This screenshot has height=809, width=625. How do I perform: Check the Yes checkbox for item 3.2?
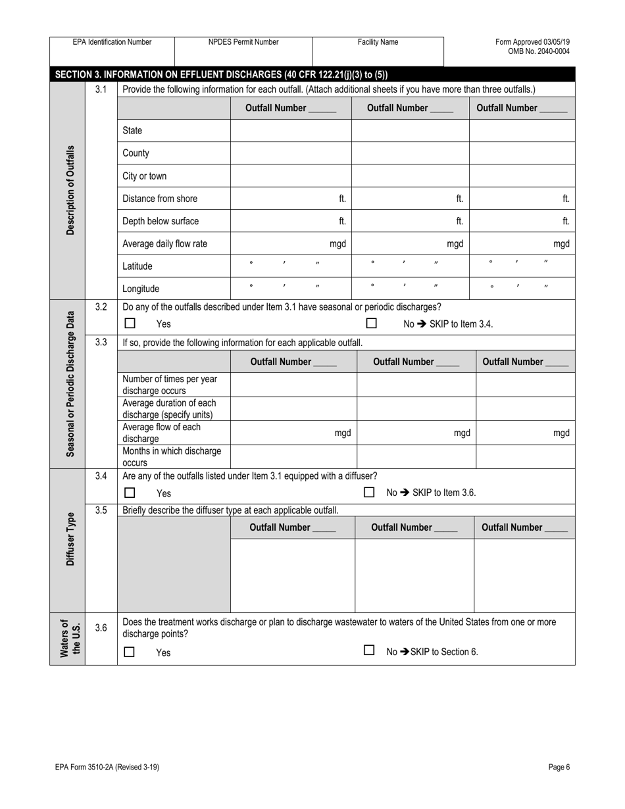tap(130, 324)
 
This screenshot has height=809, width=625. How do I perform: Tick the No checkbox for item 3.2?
tap(372, 324)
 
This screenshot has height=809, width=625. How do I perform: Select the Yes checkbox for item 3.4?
tap(130, 493)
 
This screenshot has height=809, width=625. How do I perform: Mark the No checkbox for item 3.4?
tap(370, 492)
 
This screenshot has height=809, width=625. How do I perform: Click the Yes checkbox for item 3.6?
tap(130, 652)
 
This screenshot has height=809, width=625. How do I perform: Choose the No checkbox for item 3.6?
tap(370, 651)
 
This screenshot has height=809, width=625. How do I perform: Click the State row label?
tap(132, 131)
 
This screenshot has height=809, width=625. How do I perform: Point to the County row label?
tap(136, 153)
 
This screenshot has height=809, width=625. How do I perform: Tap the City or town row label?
tap(145, 176)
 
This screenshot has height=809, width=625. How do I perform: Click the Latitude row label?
tap(137, 266)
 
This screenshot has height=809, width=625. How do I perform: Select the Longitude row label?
tap(141, 289)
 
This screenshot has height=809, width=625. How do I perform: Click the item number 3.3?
tap(101, 342)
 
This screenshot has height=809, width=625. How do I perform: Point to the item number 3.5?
tap(101, 510)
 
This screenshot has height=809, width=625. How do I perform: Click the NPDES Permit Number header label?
tap(243, 42)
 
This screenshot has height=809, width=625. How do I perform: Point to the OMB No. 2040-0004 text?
tap(539, 51)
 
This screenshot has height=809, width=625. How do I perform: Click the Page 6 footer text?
tap(559, 767)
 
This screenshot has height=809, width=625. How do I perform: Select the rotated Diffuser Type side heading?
tap(70, 539)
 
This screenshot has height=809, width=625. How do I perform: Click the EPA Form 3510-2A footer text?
tap(107, 767)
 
